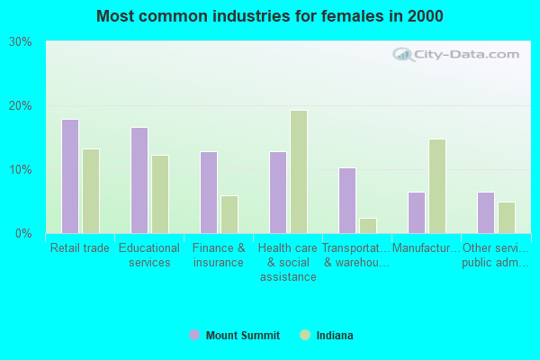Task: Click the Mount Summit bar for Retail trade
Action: coord(70,176)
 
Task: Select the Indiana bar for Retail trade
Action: coord(91,191)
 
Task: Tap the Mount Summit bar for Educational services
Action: coord(139,180)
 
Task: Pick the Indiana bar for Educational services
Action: coord(160,194)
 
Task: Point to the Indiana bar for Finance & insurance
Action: coord(229,214)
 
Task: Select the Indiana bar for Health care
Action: coord(299,172)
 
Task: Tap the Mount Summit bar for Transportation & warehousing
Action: coord(347,201)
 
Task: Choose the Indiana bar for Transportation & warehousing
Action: coord(368,226)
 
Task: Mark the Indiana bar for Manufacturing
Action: coord(437,186)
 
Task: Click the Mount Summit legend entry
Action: coord(235,336)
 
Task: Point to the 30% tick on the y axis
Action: coord(21,42)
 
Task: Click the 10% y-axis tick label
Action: coord(21,170)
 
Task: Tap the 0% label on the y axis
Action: coord(23,234)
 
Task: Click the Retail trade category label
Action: coord(80,248)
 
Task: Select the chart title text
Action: coord(270,16)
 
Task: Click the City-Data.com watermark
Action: coord(459,54)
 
